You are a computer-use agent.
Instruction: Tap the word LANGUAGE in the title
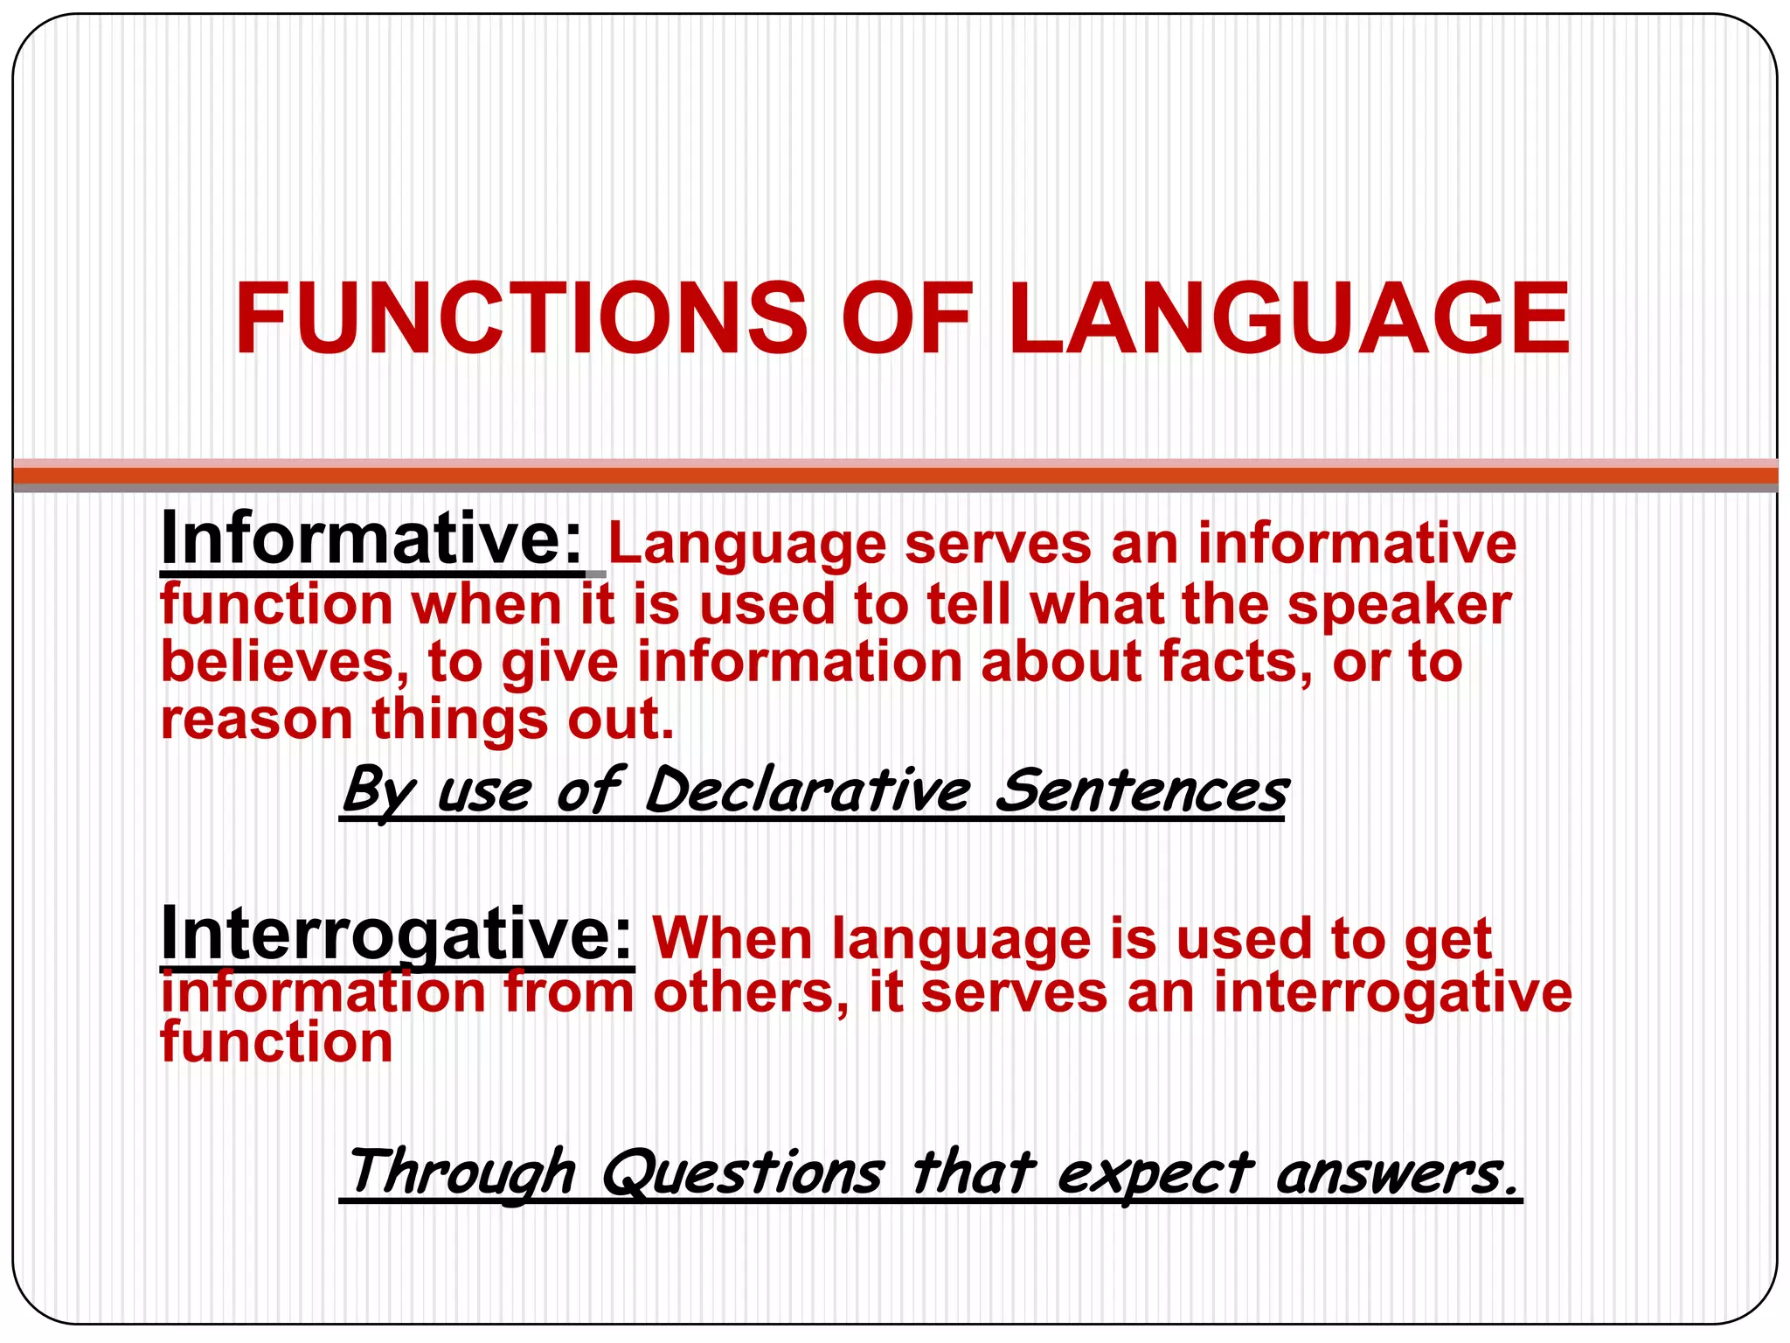pyautogui.click(x=1288, y=319)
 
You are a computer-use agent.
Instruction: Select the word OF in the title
pyautogui.click(x=906, y=319)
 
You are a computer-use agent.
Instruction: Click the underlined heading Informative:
pyautogui.click(x=372, y=540)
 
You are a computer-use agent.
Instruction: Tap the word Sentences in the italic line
pyautogui.click(x=1141, y=791)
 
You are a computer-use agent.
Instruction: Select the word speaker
pyautogui.click(x=1399, y=606)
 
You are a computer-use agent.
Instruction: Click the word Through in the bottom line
pyautogui.click(x=461, y=1173)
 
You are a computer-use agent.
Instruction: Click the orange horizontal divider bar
pyautogui.click(x=895, y=476)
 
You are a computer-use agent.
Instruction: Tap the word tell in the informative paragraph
pyautogui.click(x=968, y=605)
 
